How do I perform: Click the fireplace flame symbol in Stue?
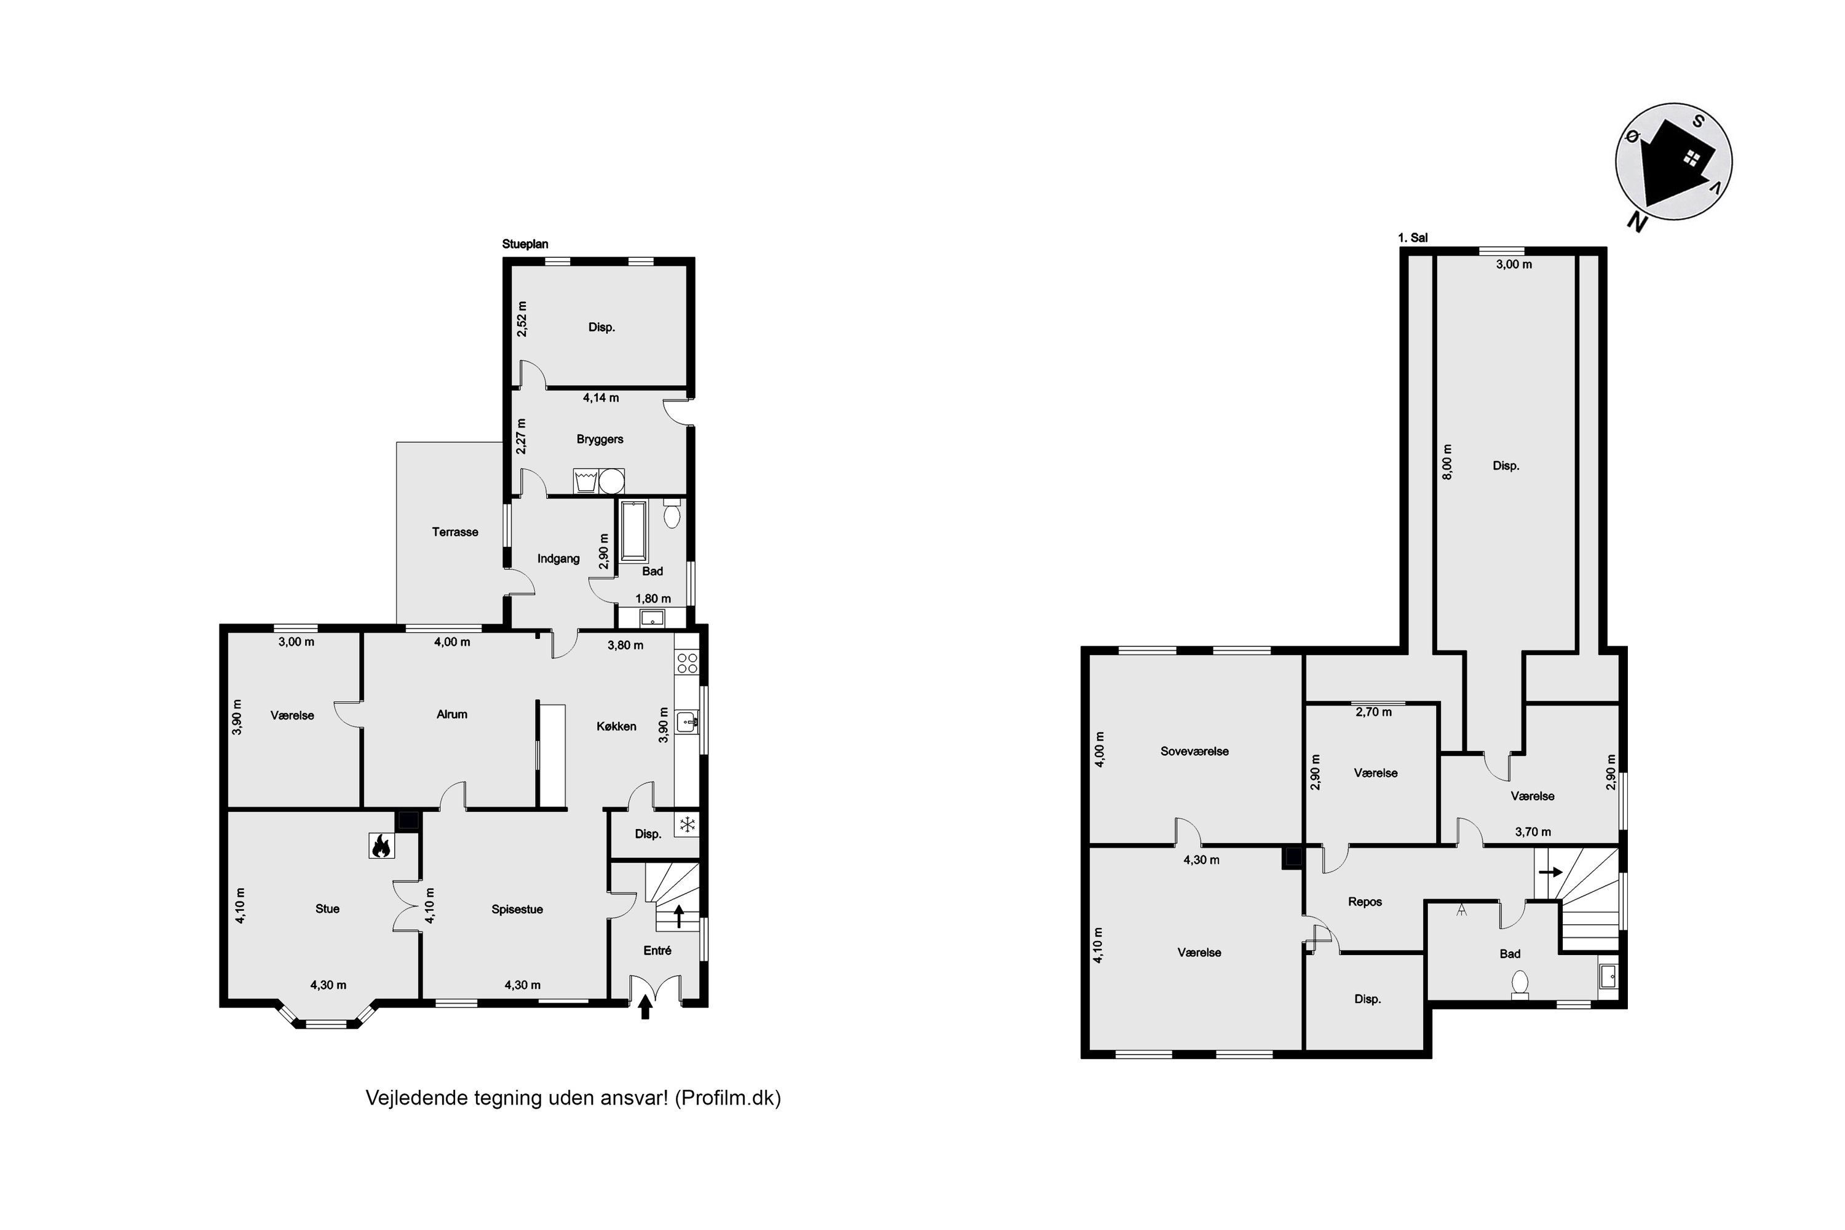point(381,845)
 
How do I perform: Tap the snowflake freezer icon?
point(687,825)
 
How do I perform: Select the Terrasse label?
point(455,532)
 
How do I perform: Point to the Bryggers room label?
point(600,439)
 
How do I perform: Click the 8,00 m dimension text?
point(1447,462)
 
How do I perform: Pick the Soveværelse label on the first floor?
point(1195,751)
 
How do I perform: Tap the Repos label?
point(1365,902)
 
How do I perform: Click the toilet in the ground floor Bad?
point(672,512)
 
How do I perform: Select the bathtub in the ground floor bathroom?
point(633,530)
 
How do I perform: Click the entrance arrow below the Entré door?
point(646,1006)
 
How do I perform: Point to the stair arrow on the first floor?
point(1550,871)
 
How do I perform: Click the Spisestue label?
point(517,909)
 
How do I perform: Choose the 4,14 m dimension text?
point(601,398)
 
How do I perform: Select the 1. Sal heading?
point(1413,237)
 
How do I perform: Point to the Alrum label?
point(452,714)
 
